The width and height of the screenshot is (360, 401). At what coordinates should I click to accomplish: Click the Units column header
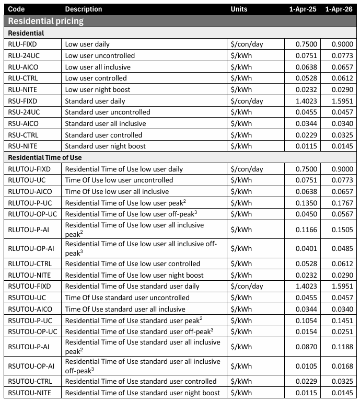239,9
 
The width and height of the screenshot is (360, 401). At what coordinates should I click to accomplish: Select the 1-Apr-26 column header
342,9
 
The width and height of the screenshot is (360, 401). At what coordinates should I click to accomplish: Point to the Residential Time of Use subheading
45,157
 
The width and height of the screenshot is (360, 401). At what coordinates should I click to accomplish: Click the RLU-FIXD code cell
23,44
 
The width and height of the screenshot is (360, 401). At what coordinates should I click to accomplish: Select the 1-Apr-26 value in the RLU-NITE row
342,89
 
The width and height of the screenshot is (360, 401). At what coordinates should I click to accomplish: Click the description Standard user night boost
105,146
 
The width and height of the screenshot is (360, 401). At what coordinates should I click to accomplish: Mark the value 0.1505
342,229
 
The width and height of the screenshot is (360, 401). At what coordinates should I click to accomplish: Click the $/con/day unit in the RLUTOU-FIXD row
247,169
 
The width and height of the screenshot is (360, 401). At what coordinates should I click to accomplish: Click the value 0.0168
342,366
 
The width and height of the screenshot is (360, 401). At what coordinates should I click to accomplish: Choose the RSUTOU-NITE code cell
29,393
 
